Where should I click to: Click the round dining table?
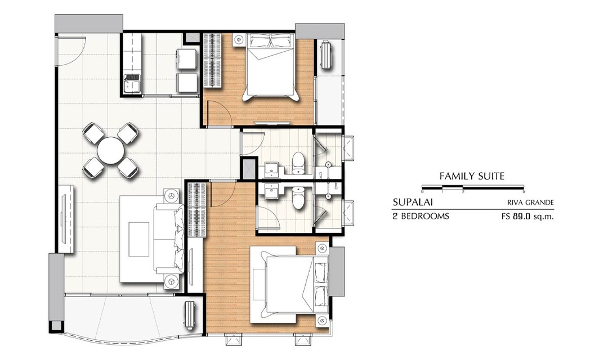[x=111, y=151]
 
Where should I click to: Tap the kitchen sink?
[x=132, y=83]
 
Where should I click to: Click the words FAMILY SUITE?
[x=472, y=176]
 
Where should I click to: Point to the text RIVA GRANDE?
[x=530, y=202]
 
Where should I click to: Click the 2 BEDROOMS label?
[x=421, y=216]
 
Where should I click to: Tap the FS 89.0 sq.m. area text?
[x=527, y=217]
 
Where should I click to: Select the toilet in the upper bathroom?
[x=298, y=163]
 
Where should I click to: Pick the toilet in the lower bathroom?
[x=298, y=197]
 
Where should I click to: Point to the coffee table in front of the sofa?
[x=139, y=239]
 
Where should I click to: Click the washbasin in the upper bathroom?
[x=271, y=168]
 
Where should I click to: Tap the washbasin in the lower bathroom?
[x=271, y=191]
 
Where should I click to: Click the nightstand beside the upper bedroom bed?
[x=239, y=39]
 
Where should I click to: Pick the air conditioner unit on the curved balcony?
[x=190, y=315]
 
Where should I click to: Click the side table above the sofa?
[x=169, y=195]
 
